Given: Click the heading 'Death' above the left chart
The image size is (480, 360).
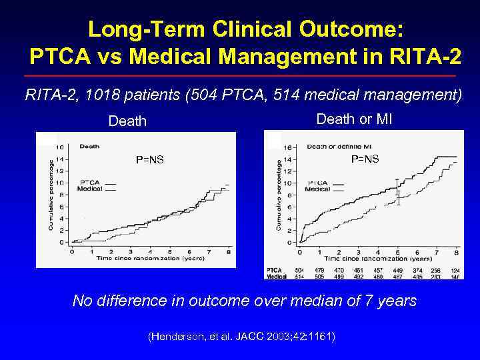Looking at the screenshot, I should pos(127,121).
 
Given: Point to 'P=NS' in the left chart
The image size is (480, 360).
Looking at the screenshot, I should pos(150,159).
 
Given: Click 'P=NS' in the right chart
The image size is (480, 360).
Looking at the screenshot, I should pos(365,159).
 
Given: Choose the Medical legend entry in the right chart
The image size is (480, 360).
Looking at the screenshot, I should pos(318,189).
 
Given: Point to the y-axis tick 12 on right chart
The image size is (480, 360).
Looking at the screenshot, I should pos(288,171).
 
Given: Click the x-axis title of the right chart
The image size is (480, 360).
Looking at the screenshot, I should pos(378,258).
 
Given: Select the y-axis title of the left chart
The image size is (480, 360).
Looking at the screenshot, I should pos(51,193).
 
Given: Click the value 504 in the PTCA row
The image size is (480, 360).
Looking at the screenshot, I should pos(299,269).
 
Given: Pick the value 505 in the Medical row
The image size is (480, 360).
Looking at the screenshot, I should pos(319,276).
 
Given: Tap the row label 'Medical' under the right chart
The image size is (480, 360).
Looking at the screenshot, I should pos(277,276).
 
